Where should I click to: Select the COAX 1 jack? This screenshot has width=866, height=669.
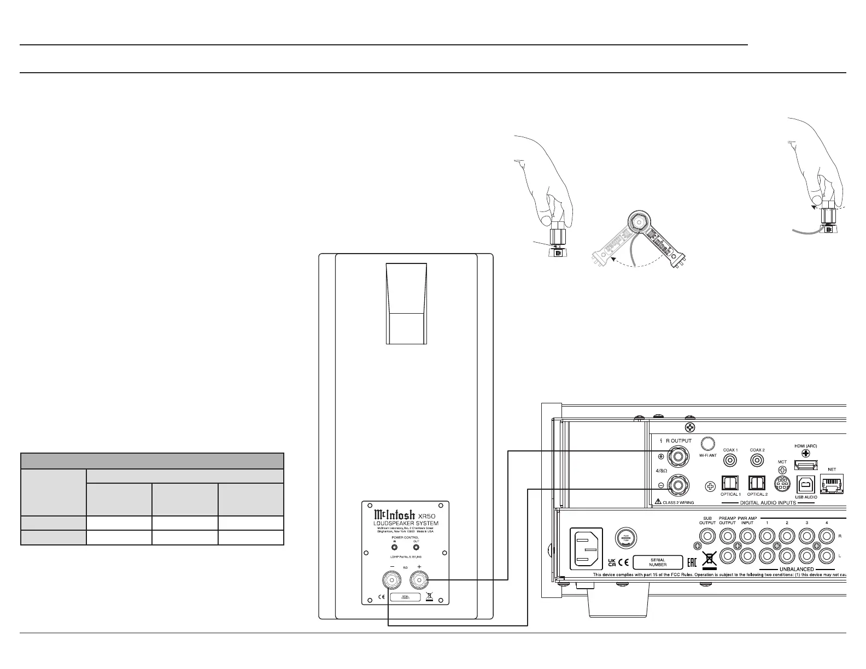point(729,460)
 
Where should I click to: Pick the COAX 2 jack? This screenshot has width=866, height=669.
point(757,460)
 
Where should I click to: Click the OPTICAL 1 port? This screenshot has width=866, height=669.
point(730,484)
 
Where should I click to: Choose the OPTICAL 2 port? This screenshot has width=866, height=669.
point(757,484)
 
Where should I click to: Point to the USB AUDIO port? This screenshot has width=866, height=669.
point(806,485)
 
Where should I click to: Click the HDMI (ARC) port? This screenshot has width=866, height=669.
point(806,465)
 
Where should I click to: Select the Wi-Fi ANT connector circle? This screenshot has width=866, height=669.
point(709,443)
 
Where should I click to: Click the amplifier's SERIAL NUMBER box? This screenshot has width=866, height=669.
point(658,562)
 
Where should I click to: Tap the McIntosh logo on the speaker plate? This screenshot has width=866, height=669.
point(394,515)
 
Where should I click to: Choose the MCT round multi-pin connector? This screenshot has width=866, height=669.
point(782,484)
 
